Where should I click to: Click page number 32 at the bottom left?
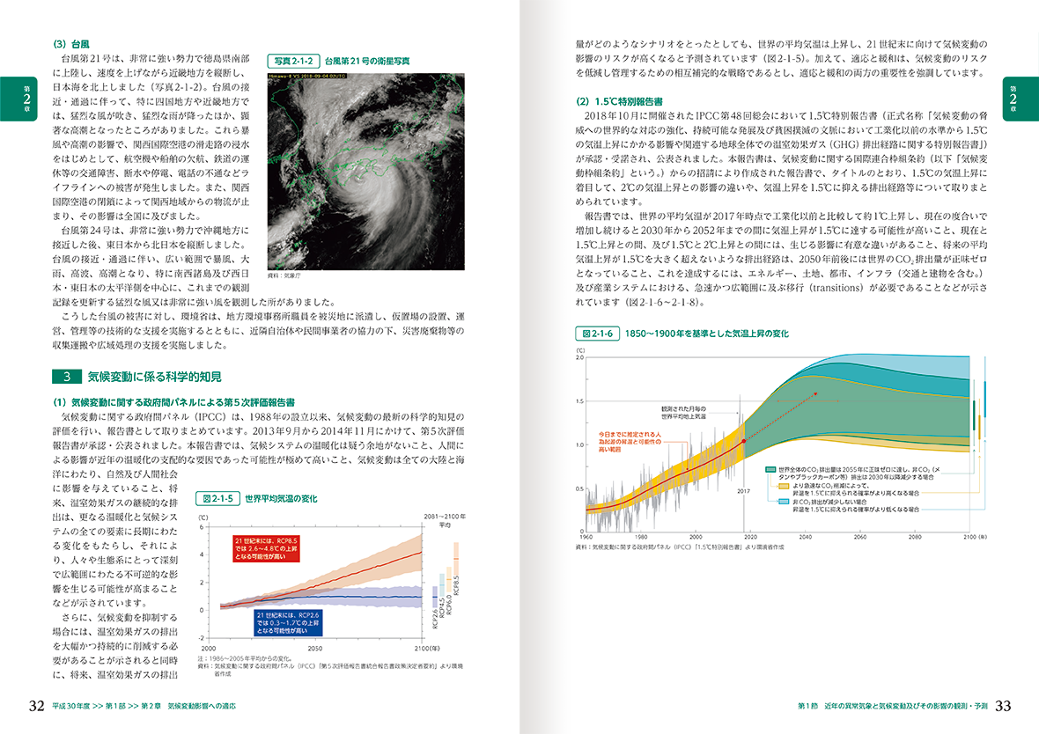[36, 706]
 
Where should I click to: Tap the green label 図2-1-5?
[217, 498]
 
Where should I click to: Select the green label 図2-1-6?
[595, 334]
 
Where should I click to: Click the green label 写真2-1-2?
[293, 61]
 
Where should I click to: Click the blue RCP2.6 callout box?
[287, 622]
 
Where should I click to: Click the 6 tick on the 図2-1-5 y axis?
[203, 527]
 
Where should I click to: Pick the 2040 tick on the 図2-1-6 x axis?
[806, 536]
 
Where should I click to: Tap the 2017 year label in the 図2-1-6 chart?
[742, 491]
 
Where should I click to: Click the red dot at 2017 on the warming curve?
[744, 440]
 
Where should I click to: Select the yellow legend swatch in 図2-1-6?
[770, 485]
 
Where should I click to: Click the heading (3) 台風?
[73, 41]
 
